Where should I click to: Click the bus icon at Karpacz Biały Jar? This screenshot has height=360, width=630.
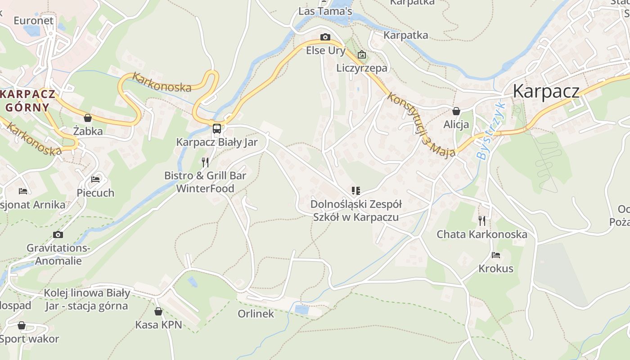(216, 129)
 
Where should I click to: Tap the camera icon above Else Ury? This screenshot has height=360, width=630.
(325, 37)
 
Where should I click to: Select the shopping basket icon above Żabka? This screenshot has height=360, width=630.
(88, 118)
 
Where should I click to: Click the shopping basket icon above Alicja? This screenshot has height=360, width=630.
(456, 111)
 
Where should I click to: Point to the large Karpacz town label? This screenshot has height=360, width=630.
(546, 91)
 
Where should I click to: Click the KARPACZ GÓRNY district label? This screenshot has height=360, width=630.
(28, 101)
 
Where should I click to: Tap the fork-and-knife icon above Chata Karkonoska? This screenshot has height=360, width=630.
(482, 220)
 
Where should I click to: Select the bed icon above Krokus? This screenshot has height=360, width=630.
(496, 255)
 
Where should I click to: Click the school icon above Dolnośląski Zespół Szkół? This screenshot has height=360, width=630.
(355, 191)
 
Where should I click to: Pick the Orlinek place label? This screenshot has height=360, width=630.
(256, 314)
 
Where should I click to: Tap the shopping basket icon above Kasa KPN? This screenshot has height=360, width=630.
(158, 311)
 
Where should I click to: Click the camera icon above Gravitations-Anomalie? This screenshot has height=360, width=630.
(58, 234)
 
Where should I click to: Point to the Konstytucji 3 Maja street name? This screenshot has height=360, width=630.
(421, 125)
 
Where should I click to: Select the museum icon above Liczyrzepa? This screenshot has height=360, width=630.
(362, 55)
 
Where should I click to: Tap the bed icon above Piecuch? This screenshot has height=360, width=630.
(95, 179)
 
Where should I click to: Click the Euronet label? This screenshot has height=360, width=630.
(33, 20)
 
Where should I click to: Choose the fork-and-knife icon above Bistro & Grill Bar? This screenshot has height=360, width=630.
(205, 162)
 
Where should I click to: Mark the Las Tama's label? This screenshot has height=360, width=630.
(325, 11)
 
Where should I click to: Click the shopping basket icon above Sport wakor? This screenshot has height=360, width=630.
(22, 325)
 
